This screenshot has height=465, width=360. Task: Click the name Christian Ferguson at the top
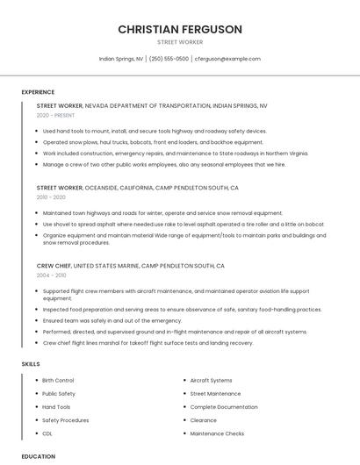pyautogui.click(x=179, y=29)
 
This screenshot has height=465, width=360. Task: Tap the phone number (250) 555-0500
pyautogui.click(x=169, y=59)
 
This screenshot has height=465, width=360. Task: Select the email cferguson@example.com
pyautogui.click(x=227, y=59)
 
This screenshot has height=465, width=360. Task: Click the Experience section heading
pyautogui.click(x=38, y=91)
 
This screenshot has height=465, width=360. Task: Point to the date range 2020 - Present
pyautogui.click(x=55, y=115)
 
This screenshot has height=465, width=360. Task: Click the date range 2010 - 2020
pyautogui.click(x=51, y=197)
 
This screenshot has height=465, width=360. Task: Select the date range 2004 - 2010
pyautogui.click(x=51, y=275)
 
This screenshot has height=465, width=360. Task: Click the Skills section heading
pyautogui.click(x=31, y=363)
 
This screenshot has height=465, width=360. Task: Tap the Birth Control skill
pyautogui.click(x=58, y=380)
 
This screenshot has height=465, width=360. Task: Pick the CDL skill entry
pyautogui.click(x=47, y=433)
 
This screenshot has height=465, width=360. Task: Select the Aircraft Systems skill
pyautogui.click(x=211, y=380)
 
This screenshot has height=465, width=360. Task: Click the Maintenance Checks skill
pyautogui.click(x=217, y=433)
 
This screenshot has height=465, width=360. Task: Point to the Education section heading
pyautogui.click(x=38, y=456)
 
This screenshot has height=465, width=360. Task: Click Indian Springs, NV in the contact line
pyautogui.click(x=121, y=59)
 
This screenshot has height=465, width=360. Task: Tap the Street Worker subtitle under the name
pyautogui.click(x=179, y=42)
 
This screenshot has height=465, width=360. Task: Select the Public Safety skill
pyautogui.click(x=59, y=394)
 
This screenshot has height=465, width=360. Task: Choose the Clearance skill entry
pyautogui.click(x=203, y=420)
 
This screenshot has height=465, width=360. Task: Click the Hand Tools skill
pyautogui.click(x=56, y=407)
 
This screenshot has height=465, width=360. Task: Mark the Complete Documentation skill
pyautogui.click(x=224, y=407)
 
